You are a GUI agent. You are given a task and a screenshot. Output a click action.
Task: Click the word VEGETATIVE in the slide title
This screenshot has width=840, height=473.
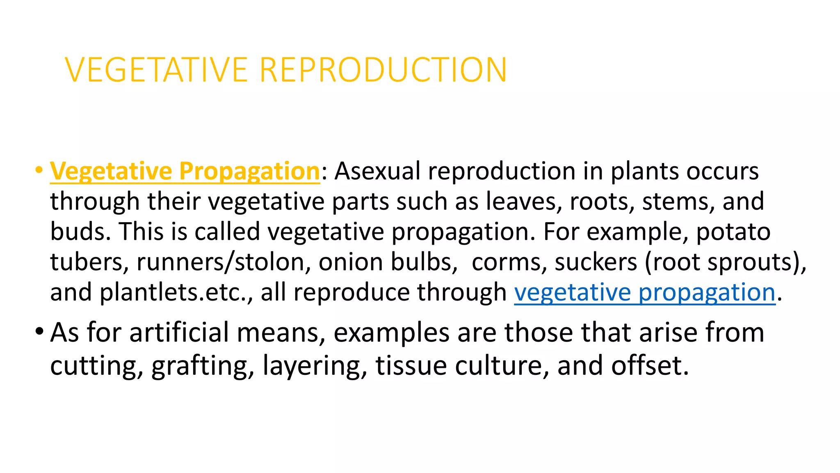tap(156, 70)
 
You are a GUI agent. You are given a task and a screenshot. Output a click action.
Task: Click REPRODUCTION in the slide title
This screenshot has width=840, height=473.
tap(383, 70)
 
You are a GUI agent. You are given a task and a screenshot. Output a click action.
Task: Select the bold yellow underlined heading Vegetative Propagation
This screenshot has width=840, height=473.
tap(185, 171)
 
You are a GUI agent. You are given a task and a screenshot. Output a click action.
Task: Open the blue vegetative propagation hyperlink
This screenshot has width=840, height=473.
tap(645, 293)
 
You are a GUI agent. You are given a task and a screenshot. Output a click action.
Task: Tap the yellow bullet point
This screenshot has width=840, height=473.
tap(39, 170)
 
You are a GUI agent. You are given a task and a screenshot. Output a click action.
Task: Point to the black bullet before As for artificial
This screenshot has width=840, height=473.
tap(39, 331)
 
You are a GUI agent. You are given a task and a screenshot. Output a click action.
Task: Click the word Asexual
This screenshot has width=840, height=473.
tap(377, 171)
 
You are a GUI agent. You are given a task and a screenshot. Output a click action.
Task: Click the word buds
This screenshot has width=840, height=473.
tap(80, 232)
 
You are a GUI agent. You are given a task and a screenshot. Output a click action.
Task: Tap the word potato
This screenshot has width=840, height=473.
tap(733, 232)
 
